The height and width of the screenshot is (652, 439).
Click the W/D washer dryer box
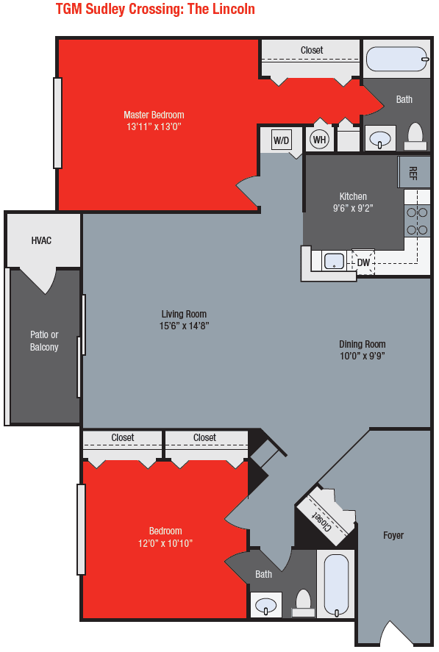(282, 140)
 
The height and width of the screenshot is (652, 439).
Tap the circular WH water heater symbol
(319, 139)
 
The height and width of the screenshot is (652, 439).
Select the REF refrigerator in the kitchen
(413, 173)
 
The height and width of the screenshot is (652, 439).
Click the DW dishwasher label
(363, 262)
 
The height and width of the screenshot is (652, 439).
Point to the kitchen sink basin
(335, 261)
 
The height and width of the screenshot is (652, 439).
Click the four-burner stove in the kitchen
(417, 221)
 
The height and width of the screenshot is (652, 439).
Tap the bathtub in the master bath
(396, 59)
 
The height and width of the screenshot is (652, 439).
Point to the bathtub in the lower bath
(336, 585)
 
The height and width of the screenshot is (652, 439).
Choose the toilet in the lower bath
(303, 603)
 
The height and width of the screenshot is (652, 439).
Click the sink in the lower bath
(265, 606)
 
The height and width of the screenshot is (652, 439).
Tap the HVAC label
(41, 240)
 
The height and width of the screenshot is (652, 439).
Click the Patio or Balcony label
(44, 341)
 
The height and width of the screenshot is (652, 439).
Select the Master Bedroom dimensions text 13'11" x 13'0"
(154, 126)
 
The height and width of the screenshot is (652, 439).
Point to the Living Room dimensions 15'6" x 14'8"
(185, 326)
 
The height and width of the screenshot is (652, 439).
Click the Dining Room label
(362, 344)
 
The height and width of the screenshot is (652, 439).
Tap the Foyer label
(393, 535)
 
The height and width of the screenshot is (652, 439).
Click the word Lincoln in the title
(232, 10)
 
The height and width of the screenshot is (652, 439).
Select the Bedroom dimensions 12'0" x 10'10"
(165, 543)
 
